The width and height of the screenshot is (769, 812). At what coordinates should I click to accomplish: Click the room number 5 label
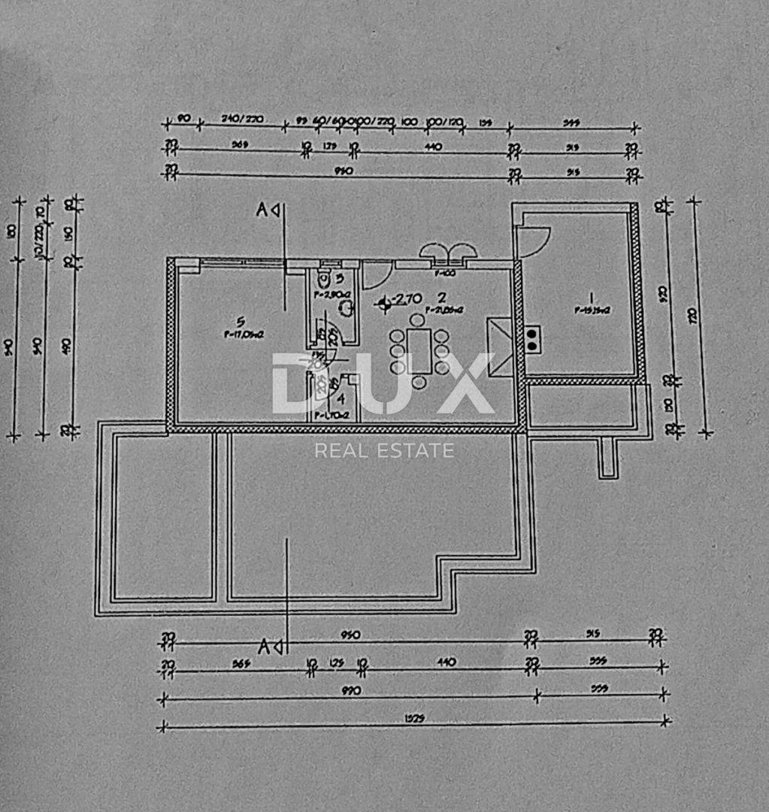click(241, 322)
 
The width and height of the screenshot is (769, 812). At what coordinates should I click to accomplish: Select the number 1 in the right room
click(591, 296)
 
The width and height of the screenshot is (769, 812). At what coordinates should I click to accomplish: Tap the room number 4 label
click(341, 399)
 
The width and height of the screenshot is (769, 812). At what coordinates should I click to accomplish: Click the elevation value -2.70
click(407, 299)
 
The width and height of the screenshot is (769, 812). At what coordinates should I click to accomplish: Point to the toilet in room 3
click(324, 277)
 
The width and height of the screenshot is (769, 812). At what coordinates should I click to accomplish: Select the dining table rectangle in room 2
click(419, 350)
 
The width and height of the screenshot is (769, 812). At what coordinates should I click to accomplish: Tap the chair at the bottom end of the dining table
click(419, 383)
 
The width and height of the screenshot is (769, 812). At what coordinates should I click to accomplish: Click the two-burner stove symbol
click(532, 340)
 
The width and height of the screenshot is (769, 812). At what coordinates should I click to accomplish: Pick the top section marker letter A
click(262, 211)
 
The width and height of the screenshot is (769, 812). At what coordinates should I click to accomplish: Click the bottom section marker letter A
click(264, 645)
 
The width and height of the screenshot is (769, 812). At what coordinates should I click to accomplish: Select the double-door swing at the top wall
click(448, 252)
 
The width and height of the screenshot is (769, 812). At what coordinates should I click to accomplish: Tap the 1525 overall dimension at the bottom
click(413, 718)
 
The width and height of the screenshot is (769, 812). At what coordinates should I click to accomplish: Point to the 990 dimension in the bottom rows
click(351, 690)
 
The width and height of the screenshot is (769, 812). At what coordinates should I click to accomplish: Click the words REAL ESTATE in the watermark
click(384, 451)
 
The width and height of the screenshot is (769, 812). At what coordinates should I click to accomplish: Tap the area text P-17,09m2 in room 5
click(243, 336)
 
